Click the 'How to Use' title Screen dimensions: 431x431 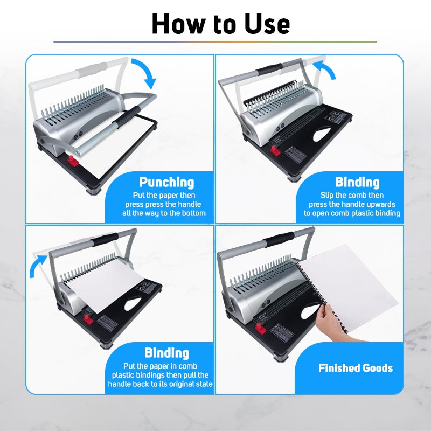pyautogui.click(x=220, y=24)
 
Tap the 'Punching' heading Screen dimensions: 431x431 pyautogui.click(x=166, y=182)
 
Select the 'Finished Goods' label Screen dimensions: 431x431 pyautogui.click(x=356, y=369)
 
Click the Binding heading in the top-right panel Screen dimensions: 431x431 pyautogui.click(x=357, y=182)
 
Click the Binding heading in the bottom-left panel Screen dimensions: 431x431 pyautogui.click(x=166, y=353)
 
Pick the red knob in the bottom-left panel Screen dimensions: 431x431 pyautogui.click(x=88, y=319)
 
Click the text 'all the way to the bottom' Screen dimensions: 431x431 pyautogui.click(x=164, y=213)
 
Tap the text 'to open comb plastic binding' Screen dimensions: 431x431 pyautogui.click(x=352, y=213)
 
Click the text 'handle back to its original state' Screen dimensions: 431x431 pyautogui.click(x=160, y=384)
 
